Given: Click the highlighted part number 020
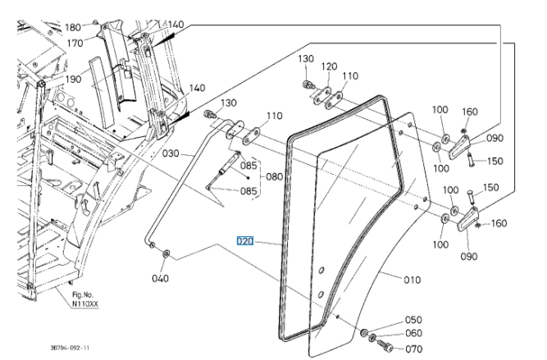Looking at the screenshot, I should [x=245, y=241].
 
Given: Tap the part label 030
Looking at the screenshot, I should [x=170, y=153].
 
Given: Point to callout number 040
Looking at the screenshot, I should [x=160, y=279].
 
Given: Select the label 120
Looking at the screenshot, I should [x=329, y=66].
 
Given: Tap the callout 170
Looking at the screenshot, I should [x=75, y=43].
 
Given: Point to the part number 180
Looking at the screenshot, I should [x=75, y=27].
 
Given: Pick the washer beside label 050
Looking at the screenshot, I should [x=363, y=331].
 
